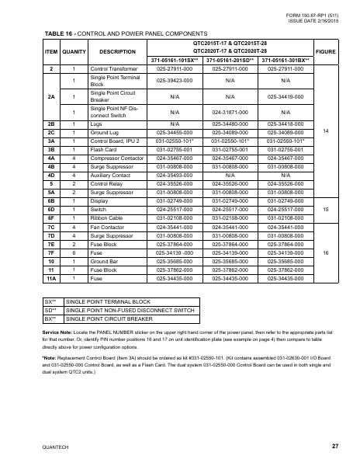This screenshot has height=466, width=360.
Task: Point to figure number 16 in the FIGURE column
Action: (331, 252)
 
